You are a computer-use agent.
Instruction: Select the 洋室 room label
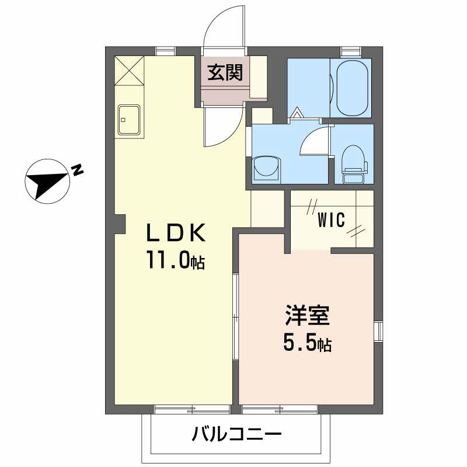click(x=308, y=316)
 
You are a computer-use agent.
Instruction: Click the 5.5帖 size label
click(x=308, y=344)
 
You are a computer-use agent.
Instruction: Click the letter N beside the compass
click(x=77, y=170)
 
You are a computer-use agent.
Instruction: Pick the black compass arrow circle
click(x=47, y=181)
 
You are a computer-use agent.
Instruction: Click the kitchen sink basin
click(x=128, y=120)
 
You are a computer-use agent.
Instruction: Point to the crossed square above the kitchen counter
click(x=128, y=71)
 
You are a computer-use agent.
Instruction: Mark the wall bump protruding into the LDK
click(x=120, y=224)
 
